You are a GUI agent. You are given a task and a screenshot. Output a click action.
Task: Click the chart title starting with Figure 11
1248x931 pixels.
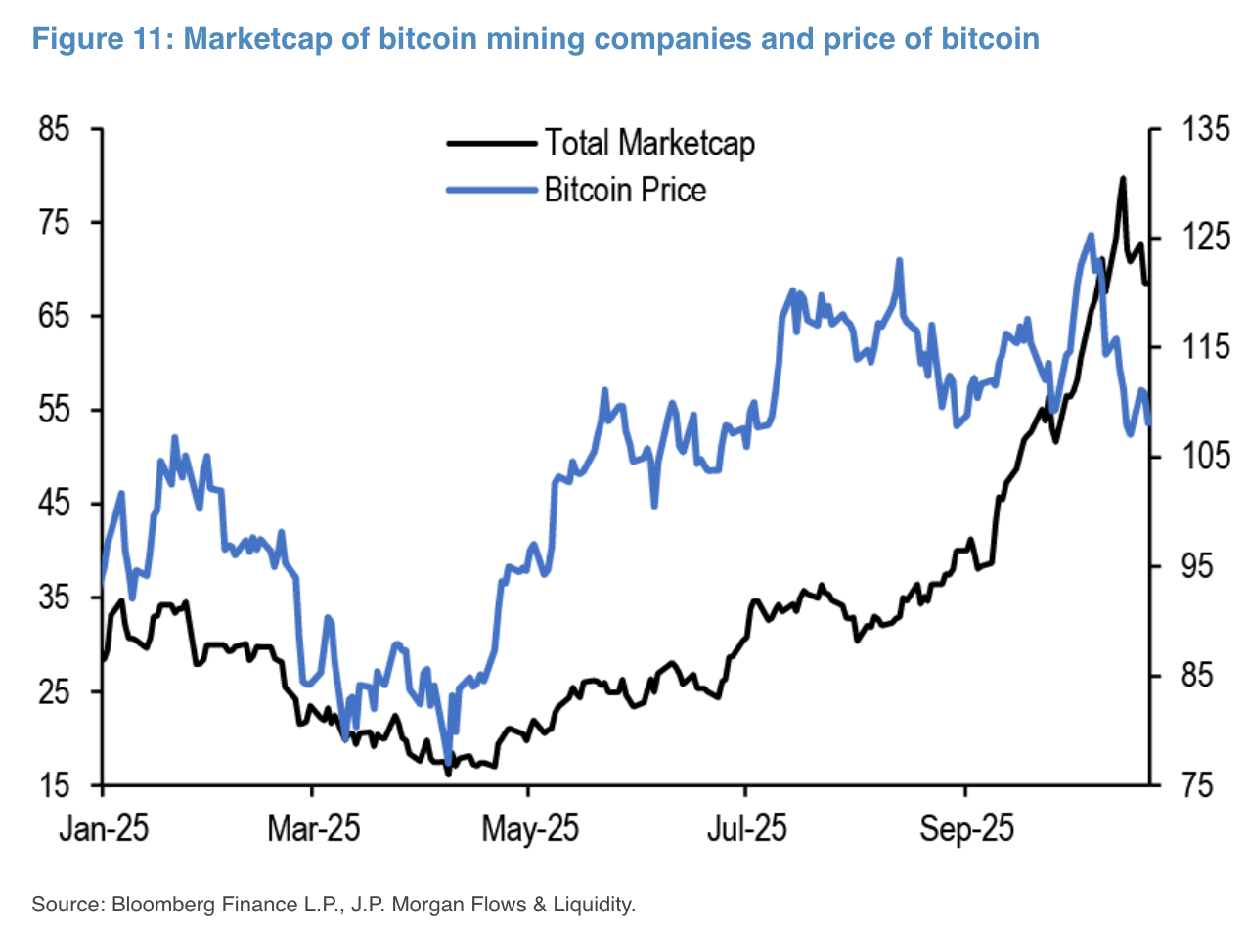535,39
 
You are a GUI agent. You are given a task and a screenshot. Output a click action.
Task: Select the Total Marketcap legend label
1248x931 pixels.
649,143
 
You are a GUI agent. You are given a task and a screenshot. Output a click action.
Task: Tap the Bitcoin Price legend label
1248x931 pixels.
625,188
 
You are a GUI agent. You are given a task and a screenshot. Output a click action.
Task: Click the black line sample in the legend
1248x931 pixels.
491,143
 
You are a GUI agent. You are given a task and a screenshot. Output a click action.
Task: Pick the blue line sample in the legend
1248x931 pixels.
491,188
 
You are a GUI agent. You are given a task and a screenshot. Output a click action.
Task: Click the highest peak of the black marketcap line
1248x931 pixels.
1122,178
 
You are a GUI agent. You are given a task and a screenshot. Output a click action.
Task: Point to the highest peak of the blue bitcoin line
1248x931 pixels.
1090,235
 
